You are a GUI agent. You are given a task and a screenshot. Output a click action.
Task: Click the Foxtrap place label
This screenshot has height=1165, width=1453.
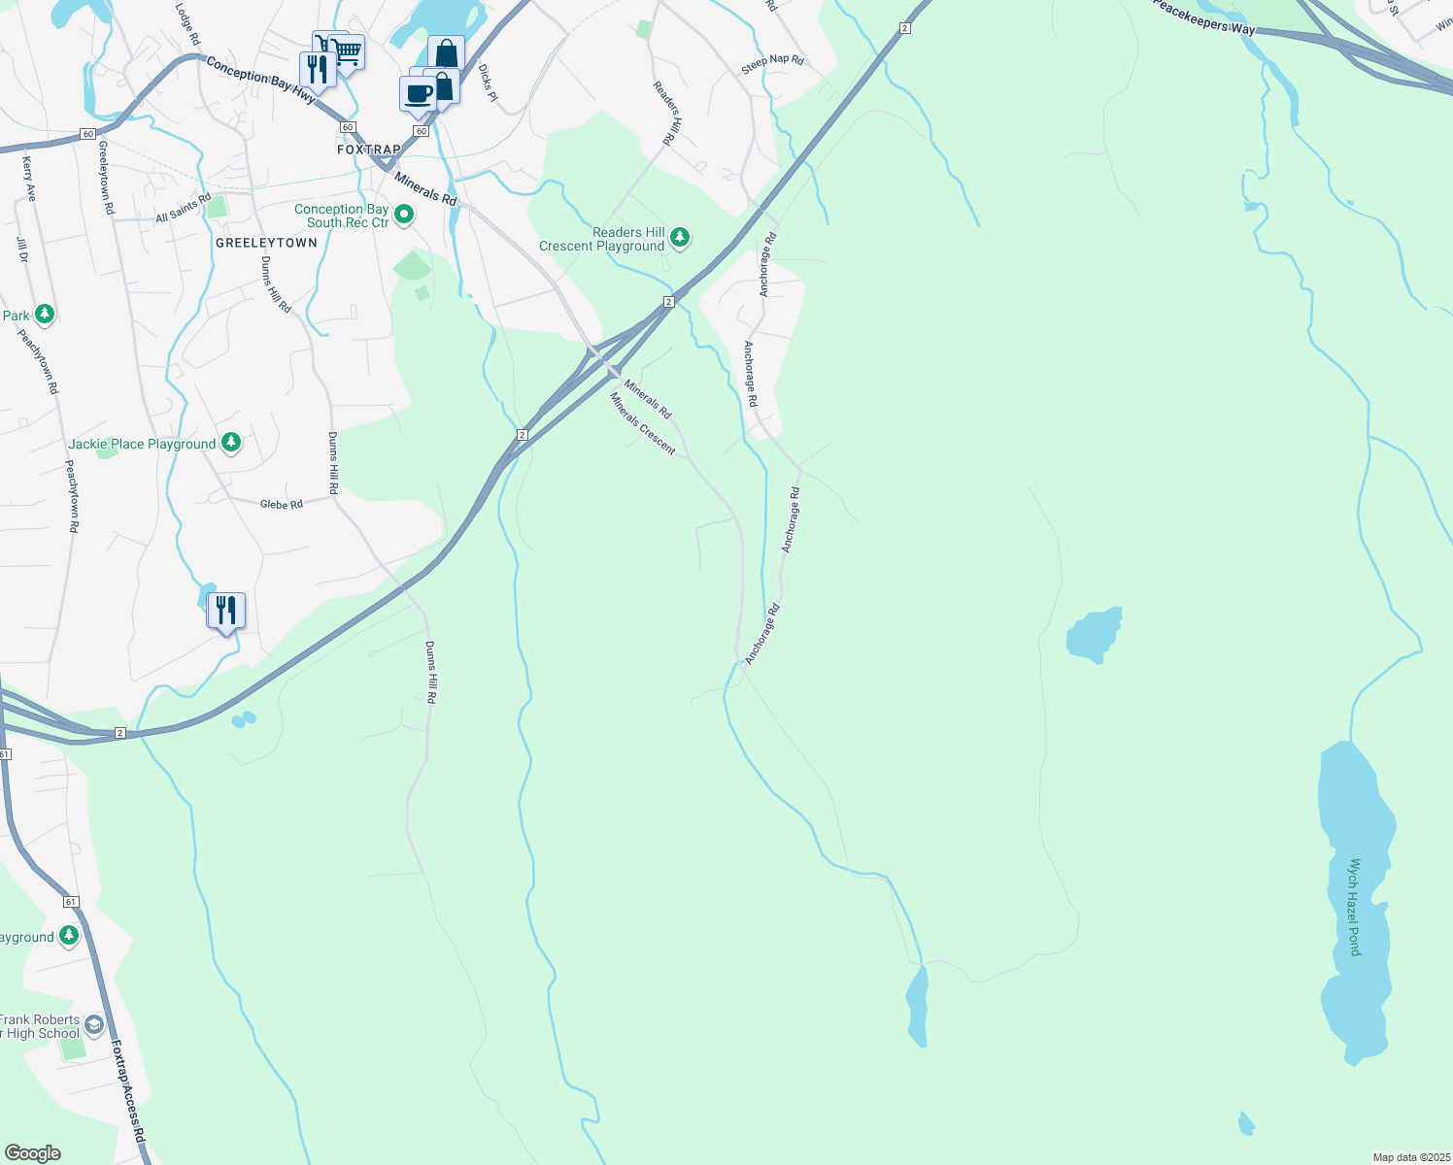pos(369,150)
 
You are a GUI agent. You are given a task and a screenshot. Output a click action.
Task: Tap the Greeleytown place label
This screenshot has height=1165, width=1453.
pos(266,243)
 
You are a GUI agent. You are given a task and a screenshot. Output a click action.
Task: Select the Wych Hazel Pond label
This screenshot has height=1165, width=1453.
pos(1355,907)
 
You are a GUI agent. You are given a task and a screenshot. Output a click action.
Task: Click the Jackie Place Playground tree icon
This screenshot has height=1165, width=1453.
pos(231,443)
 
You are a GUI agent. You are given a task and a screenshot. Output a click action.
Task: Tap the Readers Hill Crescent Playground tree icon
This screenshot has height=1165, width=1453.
pos(680,237)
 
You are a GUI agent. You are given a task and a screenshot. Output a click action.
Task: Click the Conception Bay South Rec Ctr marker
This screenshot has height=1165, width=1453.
pos(404,215)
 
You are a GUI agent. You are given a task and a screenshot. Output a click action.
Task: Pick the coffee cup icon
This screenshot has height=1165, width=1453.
pos(418,94)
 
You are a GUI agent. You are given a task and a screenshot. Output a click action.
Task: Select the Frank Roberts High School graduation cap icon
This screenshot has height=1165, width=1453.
pos(94,1024)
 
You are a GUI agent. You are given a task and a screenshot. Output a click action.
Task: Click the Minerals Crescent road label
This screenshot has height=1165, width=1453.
pos(642,423)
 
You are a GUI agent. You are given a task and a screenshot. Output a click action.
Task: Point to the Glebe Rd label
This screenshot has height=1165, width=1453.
pos(282,504)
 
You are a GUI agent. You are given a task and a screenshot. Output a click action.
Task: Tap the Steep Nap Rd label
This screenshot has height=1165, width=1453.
pos(773,65)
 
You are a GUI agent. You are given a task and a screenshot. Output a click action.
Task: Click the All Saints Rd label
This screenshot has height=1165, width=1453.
pos(183,208)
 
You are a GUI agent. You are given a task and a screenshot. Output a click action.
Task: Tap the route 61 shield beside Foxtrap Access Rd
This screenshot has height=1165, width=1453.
pos(71,902)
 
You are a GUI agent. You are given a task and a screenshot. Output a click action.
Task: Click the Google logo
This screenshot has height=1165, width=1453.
pos(32,1153)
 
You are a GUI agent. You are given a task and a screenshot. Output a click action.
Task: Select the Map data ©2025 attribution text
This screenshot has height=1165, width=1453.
pos(1411,1157)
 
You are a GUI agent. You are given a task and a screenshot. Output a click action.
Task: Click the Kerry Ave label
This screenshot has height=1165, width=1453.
pos(29,179)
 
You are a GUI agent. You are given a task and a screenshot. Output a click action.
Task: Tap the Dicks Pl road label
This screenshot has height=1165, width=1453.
pos(488,83)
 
